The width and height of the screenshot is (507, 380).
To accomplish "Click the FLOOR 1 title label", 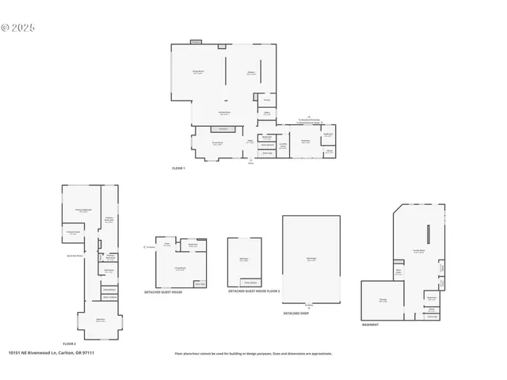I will coord(178,169).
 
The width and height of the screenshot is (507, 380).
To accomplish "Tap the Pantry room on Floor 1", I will coord(267,101).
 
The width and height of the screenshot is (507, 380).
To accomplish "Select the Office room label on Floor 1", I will coord(267,113).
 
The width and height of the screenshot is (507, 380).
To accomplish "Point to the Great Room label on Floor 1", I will coord(216,143).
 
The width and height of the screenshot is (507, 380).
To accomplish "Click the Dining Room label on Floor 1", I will coord(198,72).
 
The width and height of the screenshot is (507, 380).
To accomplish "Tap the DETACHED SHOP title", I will coord(295,313).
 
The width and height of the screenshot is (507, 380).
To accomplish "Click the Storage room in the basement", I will coord(383,300).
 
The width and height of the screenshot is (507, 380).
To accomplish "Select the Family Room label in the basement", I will coord(419,251).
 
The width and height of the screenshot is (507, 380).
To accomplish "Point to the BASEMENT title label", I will coord(370,325).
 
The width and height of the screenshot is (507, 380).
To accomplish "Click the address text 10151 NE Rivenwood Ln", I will coord(48,353).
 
